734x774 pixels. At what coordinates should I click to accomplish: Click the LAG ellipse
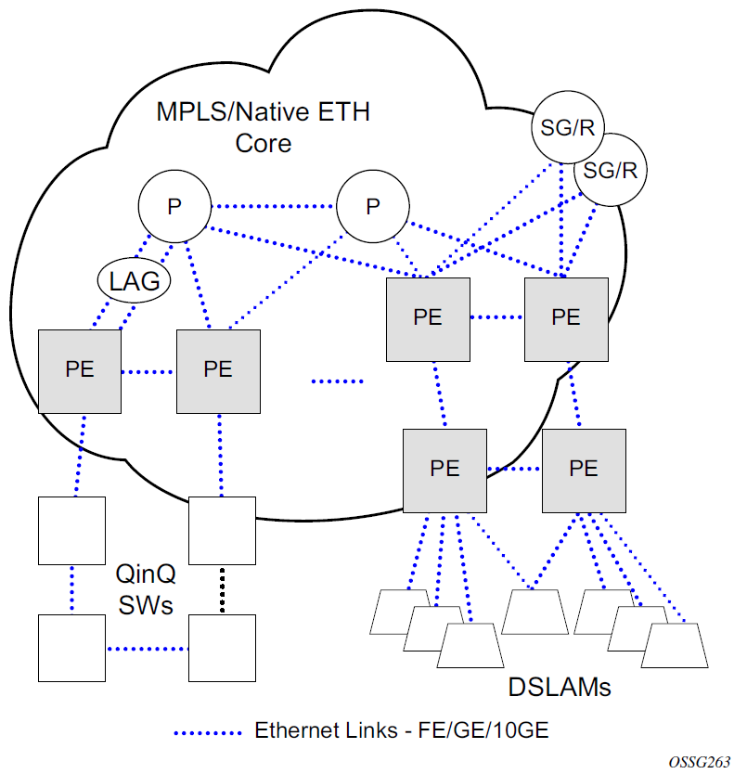(x=135, y=279)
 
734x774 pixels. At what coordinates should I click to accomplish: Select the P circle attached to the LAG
(x=174, y=207)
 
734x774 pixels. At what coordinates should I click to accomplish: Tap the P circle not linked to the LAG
(x=372, y=207)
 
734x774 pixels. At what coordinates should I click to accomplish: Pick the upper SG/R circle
(x=560, y=129)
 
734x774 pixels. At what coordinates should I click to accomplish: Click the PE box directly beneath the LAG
(x=80, y=368)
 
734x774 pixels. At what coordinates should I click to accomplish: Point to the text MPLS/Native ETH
(x=263, y=113)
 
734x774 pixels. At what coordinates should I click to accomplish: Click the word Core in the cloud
(x=263, y=144)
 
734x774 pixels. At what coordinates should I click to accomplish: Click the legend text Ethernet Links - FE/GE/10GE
(x=402, y=730)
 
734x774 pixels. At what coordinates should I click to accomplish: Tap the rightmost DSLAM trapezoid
(x=674, y=644)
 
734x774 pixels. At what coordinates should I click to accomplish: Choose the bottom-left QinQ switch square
(x=71, y=647)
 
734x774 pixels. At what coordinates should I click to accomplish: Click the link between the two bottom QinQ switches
(x=147, y=647)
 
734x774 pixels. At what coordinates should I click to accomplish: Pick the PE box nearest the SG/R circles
(x=565, y=316)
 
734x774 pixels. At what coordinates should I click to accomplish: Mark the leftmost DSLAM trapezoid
(x=403, y=613)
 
